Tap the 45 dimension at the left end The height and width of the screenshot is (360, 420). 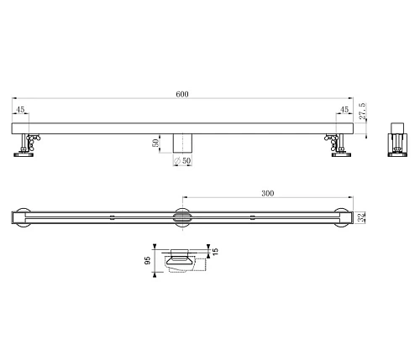pos(20,108)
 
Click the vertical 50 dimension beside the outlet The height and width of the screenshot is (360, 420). pos(155,143)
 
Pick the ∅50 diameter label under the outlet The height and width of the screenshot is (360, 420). pos(183,160)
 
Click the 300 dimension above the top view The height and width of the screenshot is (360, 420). pos(266,193)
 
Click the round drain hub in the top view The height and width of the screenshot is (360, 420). pos(184,216)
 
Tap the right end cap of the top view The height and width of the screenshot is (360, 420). pos(341,216)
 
